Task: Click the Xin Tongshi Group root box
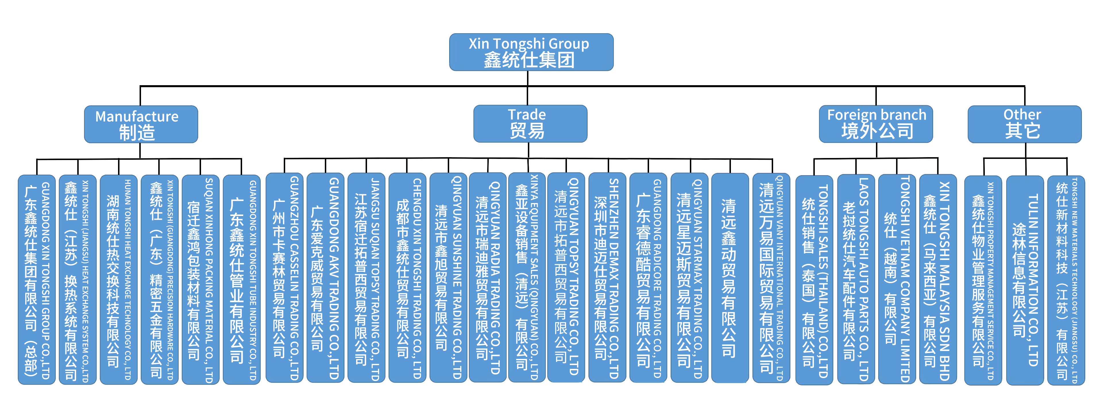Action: [x=531, y=52]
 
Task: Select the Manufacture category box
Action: [x=141, y=124]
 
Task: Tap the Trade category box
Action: [x=530, y=124]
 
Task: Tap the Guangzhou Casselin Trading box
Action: [x=284, y=278]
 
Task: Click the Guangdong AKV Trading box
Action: [x=325, y=278]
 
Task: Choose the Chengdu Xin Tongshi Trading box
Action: [x=407, y=278]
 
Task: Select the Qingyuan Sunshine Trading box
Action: [x=448, y=278]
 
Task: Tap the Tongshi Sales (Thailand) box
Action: [x=814, y=280]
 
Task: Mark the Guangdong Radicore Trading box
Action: [x=648, y=278]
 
